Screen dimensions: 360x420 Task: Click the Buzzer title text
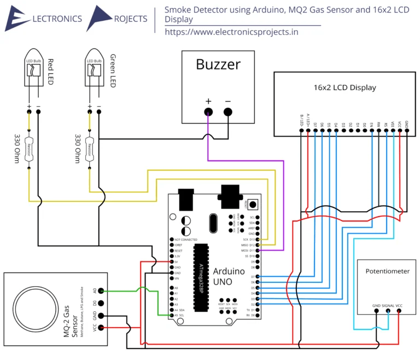pyautogui.click(x=218, y=65)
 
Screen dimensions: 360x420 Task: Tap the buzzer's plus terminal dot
pyautogui.click(x=208, y=112)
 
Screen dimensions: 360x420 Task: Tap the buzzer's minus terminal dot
pyautogui.click(x=228, y=112)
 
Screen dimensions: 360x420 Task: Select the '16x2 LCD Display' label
pyautogui.click(x=345, y=88)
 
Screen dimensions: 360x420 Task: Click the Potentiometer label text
pyautogui.click(x=387, y=271)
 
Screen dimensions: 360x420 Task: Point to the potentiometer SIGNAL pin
pyautogui.click(x=388, y=311)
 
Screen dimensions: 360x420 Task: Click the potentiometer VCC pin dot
pyautogui.click(x=399, y=311)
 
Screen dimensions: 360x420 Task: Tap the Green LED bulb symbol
pyautogui.click(x=94, y=71)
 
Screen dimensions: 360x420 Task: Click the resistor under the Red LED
pyautogui.click(x=33, y=148)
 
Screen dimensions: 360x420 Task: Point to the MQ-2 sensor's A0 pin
pyautogui.click(x=102, y=292)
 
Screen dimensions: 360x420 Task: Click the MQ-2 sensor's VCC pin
pyautogui.click(x=102, y=328)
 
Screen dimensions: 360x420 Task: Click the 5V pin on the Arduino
pyautogui.click(x=172, y=262)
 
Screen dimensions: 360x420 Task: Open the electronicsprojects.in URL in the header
pyautogui.click(x=231, y=32)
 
